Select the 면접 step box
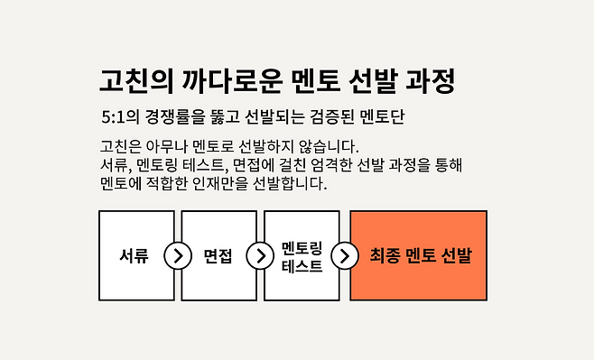click(218, 255)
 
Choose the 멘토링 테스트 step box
click(301, 255)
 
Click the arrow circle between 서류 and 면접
click(178, 255)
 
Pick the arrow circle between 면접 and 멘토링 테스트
click(260, 255)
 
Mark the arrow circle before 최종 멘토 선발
click(344, 255)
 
